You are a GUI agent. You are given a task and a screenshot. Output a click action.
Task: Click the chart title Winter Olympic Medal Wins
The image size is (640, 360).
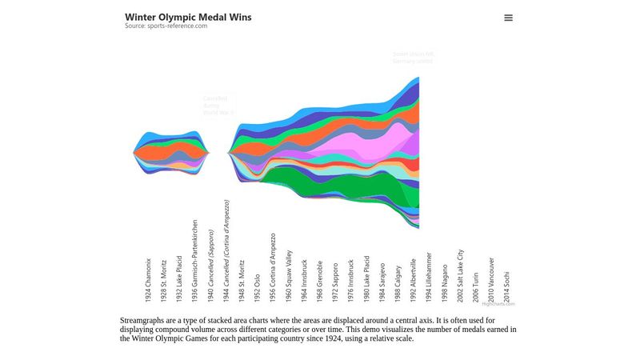188,17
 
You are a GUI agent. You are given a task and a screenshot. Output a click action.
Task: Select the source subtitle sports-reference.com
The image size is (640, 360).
166,26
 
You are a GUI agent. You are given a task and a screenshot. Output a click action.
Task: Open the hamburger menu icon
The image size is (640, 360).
508,18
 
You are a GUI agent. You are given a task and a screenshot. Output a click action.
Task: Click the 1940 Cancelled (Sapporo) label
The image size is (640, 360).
210,266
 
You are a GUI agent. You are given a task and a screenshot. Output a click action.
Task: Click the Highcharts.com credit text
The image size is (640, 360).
498,304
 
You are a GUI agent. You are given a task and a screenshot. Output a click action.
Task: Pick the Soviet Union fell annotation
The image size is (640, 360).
413,58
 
